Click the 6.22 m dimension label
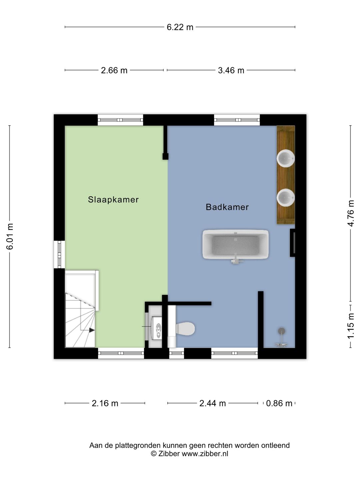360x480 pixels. pyautogui.click(x=180, y=27)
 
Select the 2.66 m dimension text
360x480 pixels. pyautogui.click(x=114, y=70)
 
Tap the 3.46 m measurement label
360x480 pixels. pyautogui.click(x=231, y=70)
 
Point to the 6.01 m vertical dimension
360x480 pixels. pyautogui.click(x=10, y=236)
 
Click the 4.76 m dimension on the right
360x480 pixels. pyautogui.click(x=351, y=213)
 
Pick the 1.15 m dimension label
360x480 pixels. pyautogui.click(x=351, y=326)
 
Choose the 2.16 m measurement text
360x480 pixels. pyautogui.click(x=105, y=403)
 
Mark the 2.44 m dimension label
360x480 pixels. pyautogui.click(x=212, y=403)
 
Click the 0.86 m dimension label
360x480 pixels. pyautogui.click(x=279, y=403)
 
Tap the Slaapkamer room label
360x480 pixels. pyautogui.click(x=113, y=200)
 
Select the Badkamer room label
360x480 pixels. pyautogui.click(x=227, y=207)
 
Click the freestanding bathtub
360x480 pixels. pyautogui.click(x=235, y=244)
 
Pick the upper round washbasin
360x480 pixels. pyautogui.click(x=286, y=158)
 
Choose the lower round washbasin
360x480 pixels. pyautogui.click(x=286, y=197)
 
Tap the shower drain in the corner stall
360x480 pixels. pyautogui.click(x=282, y=331)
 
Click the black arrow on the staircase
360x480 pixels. pyautogui.click(x=92, y=330)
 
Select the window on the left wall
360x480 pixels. pyautogui.click(x=59, y=254)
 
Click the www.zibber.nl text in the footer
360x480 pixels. pyautogui.click(x=205, y=454)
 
